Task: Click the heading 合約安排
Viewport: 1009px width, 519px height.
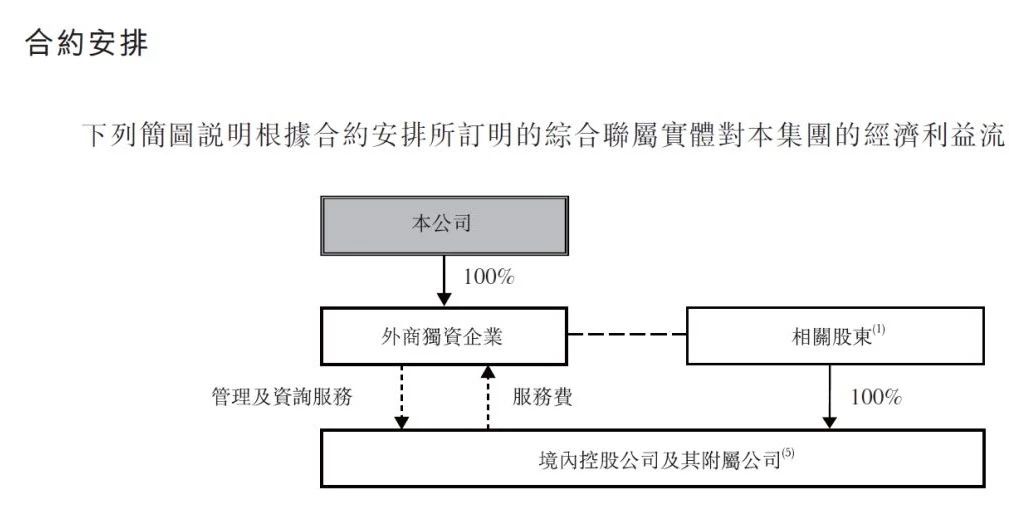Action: click(x=86, y=43)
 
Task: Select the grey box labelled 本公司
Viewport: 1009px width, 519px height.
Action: click(x=444, y=226)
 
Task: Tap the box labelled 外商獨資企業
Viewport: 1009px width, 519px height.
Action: click(x=444, y=336)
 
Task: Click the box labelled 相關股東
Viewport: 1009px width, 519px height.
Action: click(x=835, y=336)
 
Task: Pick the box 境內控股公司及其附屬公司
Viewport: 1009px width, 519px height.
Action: click(x=653, y=459)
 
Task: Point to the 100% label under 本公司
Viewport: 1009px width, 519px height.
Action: click(x=489, y=277)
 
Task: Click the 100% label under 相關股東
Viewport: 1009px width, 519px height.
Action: click(x=876, y=397)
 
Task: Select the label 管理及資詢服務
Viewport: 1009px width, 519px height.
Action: click(x=282, y=396)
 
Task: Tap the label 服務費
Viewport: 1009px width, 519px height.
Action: click(x=542, y=396)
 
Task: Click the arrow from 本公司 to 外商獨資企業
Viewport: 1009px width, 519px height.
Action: click(x=444, y=280)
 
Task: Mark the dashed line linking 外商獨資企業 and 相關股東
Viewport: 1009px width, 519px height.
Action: click(x=627, y=334)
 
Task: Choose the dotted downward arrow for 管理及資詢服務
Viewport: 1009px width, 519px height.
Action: click(x=402, y=397)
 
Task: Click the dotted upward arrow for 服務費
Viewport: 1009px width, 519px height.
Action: click(x=488, y=397)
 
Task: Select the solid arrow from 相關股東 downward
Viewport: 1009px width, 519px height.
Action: click(x=829, y=396)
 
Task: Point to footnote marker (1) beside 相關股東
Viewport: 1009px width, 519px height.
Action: click(x=878, y=330)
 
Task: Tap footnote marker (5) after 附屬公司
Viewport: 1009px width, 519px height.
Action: click(x=788, y=453)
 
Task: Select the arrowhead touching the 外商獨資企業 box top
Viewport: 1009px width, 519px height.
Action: click(x=444, y=299)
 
